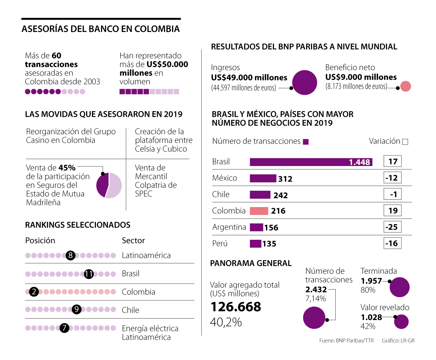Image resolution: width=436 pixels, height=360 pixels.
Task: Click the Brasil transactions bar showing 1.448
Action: pyautogui.click(x=311, y=162)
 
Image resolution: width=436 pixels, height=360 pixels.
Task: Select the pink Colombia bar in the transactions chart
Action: pyautogui.click(x=259, y=211)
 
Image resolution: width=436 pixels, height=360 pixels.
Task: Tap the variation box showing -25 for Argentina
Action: pyautogui.click(x=392, y=227)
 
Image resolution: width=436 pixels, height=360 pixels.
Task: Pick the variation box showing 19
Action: pyautogui.click(x=392, y=211)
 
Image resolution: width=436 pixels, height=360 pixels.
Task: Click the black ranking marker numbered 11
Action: pyautogui.click(x=89, y=274)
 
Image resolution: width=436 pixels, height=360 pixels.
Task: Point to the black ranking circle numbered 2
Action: pyautogui.click(x=34, y=292)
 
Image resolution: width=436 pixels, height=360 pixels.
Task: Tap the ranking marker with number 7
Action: pyautogui.click(x=64, y=328)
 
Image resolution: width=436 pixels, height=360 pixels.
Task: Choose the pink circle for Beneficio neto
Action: pyautogui.click(x=405, y=86)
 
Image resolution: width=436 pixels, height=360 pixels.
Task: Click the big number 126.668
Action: pyautogui.click(x=235, y=307)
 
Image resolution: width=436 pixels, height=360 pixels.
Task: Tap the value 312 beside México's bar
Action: pyautogui.click(x=285, y=179)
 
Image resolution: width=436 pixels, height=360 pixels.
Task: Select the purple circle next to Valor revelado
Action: pyautogui.click(x=401, y=321)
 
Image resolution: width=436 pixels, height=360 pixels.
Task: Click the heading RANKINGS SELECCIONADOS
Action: pyautogui.click(x=77, y=225)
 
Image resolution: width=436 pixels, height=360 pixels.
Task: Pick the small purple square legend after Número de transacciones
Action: pyautogui.click(x=306, y=142)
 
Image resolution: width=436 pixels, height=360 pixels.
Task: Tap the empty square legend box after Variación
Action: pyautogui.click(x=405, y=142)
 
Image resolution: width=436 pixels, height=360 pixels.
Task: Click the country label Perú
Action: pyautogui.click(x=220, y=243)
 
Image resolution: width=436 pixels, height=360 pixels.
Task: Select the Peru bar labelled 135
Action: pyautogui.click(x=255, y=243)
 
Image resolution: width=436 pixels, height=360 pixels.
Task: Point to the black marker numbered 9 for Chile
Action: pyautogui.click(x=76, y=310)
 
